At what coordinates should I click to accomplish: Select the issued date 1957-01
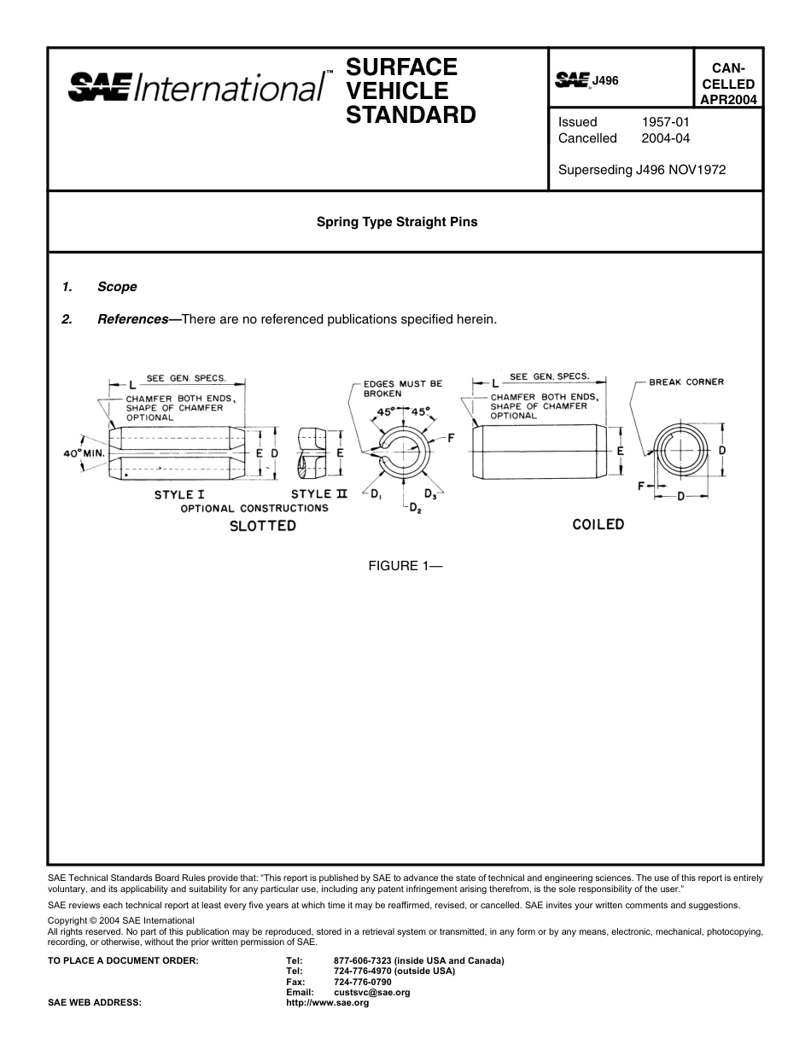point(665,122)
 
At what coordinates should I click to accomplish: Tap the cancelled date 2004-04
point(665,138)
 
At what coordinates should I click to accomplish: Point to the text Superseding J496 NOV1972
point(641,170)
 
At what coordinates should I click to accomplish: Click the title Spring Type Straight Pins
point(397,222)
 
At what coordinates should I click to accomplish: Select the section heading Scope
point(117,287)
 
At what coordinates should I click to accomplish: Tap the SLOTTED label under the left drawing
point(262,526)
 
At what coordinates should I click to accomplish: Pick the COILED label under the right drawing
point(598,524)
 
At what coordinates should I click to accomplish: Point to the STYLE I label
point(178,494)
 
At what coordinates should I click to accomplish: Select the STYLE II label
point(319,494)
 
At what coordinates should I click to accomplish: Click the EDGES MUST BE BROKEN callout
point(402,388)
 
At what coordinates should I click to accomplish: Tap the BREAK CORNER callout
point(686,382)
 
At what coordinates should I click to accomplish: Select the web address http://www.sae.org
point(327,1003)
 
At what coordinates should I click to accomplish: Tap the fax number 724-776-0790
point(363,982)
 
